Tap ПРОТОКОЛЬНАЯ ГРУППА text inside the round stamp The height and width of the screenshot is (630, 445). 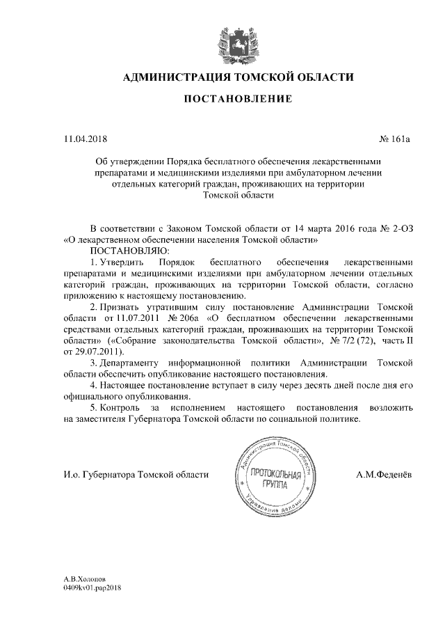pyautogui.click(x=277, y=479)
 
